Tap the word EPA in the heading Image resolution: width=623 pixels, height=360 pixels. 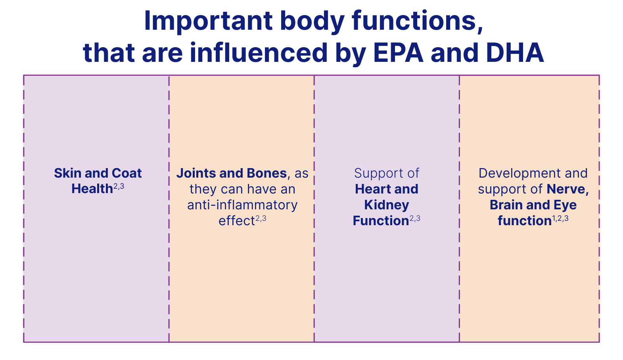coord(398,53)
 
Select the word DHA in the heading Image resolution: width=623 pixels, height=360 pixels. coord(515,53)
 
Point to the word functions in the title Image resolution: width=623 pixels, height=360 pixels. coord(418,21)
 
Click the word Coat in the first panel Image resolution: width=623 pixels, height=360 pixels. coord(127,173)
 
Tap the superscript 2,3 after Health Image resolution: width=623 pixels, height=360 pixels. coord(119,186)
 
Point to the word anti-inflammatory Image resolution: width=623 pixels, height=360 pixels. coord(242,205)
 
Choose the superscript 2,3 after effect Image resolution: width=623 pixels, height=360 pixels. coord(261,218)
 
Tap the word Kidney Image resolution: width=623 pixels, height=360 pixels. coord(387,205)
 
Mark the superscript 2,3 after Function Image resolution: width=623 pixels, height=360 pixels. coord(415,218)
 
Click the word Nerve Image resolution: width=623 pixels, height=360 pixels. coord(567,190)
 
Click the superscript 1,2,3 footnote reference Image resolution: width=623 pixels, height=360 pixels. coord(560,218)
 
